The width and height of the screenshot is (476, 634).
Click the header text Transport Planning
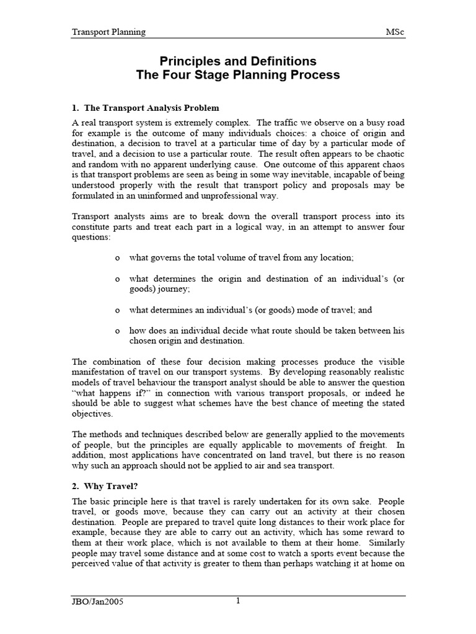coord(109,32)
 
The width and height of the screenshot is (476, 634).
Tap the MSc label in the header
coord(395,32)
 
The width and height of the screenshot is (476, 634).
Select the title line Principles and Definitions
coord(238,61)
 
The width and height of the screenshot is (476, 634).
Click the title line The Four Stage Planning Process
coord(238,76)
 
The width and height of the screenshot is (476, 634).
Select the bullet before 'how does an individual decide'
coord(118,331)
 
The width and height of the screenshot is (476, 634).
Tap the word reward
coord(380,533)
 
